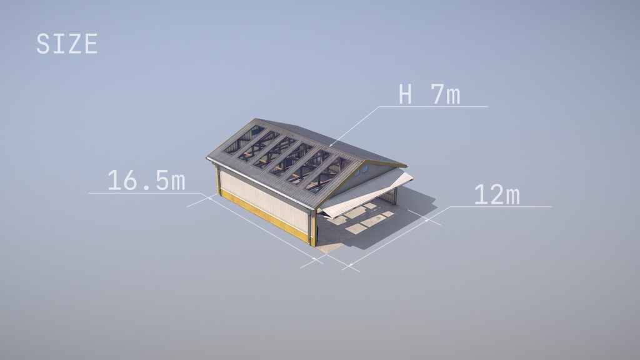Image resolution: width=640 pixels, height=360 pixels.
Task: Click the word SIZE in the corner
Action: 67,44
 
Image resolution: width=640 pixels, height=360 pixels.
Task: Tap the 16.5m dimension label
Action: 146,180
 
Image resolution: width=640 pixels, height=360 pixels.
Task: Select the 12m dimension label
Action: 497,195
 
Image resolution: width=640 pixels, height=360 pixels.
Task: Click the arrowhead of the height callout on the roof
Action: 331,144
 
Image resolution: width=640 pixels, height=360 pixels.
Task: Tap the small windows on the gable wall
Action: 361,171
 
